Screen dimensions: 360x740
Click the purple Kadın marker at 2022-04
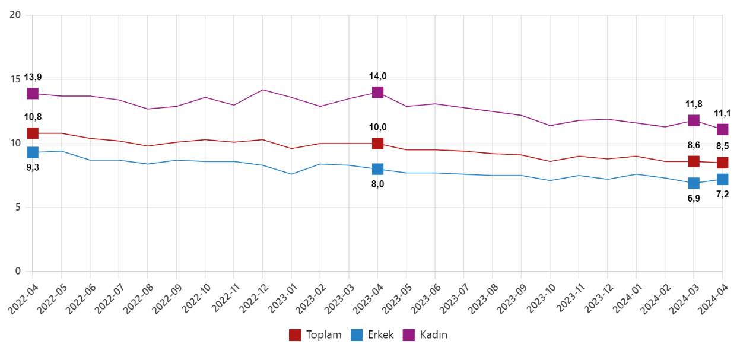coord(33,94)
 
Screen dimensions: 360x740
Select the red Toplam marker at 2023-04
coord(377,144)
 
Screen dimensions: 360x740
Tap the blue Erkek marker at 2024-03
coord(693,183)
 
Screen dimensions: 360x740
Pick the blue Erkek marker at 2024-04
coord(722,179)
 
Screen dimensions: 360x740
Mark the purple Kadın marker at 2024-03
coord(693,120)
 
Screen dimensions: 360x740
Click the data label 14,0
coord(377,76)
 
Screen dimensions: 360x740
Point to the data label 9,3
coord(33,167)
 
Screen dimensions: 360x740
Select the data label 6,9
coord(693,199)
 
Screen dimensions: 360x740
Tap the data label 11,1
coord(722,113)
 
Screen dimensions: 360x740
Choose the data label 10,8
coord(33,117)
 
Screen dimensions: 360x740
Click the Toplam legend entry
coord(315,334)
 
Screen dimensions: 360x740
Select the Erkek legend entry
coord(373,334)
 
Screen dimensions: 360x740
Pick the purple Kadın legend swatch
coord(409,334)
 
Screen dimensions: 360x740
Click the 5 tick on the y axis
coord(18,208)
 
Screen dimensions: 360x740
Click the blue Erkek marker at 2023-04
coord(377,169)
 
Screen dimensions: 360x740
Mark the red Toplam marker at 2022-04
coord(33,133)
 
